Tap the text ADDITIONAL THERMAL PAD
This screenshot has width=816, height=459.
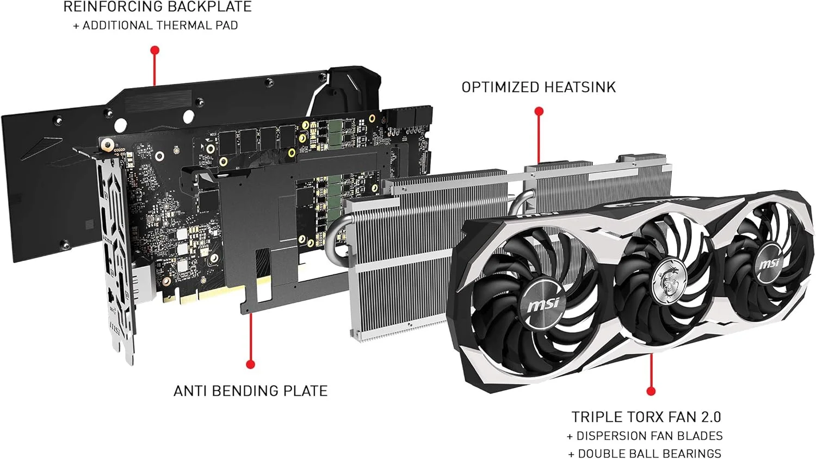pyautogui.click(x=160, y=26)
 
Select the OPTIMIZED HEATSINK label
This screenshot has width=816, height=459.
pyautogui.click(x=539, y=88)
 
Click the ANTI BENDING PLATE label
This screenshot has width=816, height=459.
pyautogui.click(x=250, y=391)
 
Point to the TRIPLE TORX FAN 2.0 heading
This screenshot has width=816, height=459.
pyautogui.click(x=646, y=417)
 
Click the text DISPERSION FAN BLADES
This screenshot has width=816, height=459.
pyautogui.click(x=650, y=436)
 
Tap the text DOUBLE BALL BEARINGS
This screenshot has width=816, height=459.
pyautogui.click(x=650, y=454)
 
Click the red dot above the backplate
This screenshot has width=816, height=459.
pyautogui.click(x=155, y=50)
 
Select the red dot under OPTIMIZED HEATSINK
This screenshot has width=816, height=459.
pyautogui.click(x=539, y=111)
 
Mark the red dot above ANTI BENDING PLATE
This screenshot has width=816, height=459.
pyautogui.click(x=250, y=364)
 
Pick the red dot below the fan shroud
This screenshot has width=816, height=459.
pyautogui.click(x=651, y=392)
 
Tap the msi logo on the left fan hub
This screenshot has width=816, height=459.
pyautogui.click(x=543, y=303)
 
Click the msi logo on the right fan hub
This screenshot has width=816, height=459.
pyautogui.click(x=770, y=263)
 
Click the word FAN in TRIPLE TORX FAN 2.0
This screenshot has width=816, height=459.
pyautogui.click(x=677, y=417)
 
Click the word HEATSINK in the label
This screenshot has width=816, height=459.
pyautogui.click(x=580, y=88)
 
